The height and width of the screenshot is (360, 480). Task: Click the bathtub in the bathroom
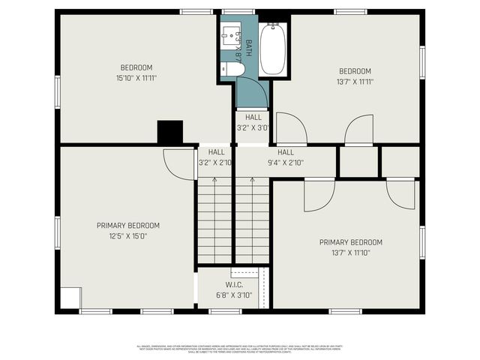(x=272, y=49)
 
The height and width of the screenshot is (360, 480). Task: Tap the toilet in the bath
(x=232, y=69)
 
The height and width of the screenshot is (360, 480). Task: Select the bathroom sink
(x=227, y=36)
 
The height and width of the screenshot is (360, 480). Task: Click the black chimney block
(x=170, y=132)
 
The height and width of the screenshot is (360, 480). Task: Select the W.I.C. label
(x=233, y=285)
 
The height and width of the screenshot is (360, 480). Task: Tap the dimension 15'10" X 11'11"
(x=136, y=77)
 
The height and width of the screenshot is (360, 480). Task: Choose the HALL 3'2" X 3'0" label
(x=253, y=122)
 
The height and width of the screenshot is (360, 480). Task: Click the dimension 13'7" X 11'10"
(x=350, y=253)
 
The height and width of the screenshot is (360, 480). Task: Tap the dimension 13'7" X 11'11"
(x=355, y=82)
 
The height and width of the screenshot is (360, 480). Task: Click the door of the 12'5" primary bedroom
(x=178, y=163)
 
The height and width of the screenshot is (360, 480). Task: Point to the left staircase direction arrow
(x=214, y=180)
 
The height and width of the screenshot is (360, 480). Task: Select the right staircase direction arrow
(x=251, y=180)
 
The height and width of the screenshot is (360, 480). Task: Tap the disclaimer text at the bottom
(x=239, y=349)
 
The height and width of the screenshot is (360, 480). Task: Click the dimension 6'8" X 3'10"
(x=233, y=295)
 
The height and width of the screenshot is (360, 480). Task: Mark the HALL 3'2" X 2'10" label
(x=215, y=157)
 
